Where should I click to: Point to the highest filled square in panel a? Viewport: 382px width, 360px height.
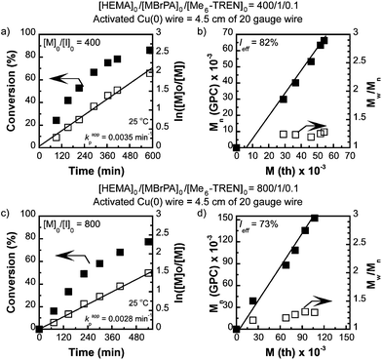(x=150, y=50)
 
